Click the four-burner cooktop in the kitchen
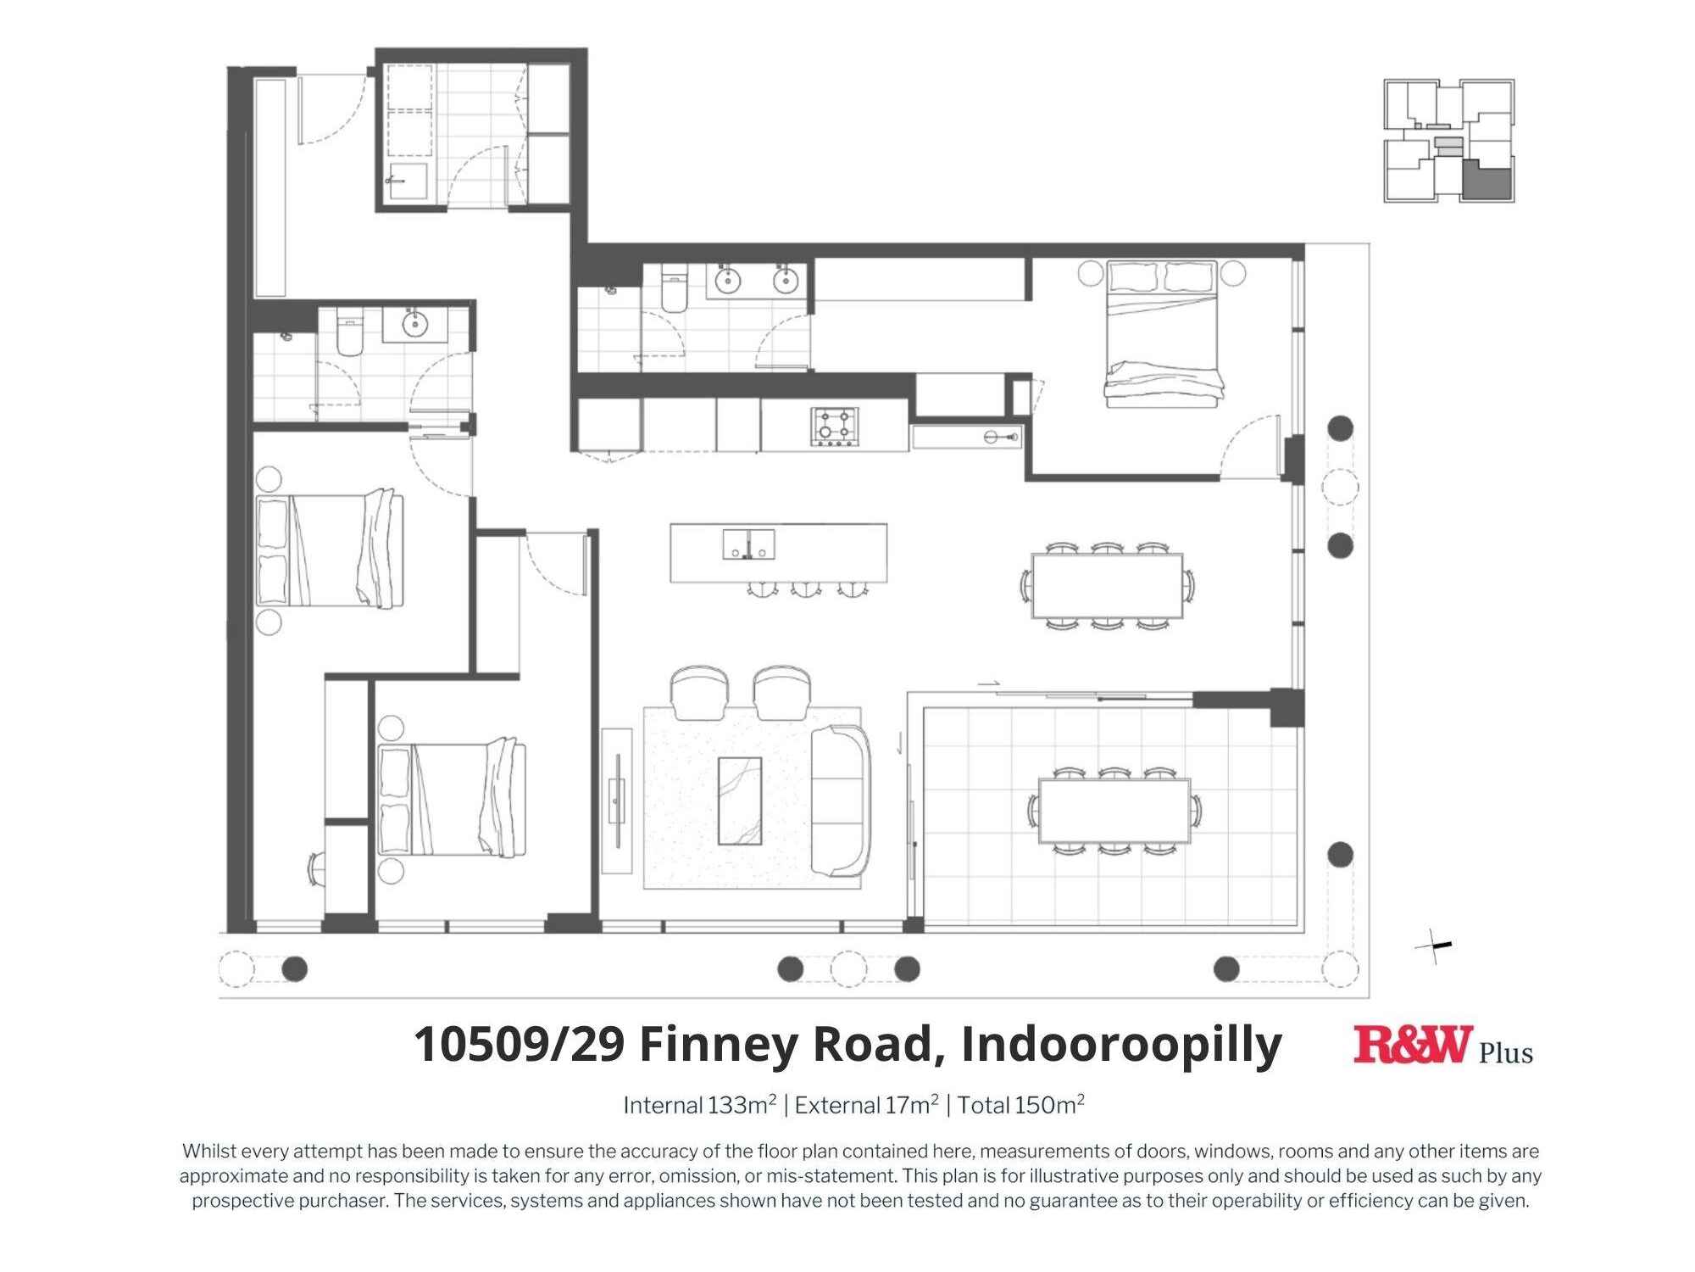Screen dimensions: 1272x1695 coord(835,427)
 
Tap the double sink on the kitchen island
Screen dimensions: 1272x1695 coord(748,544)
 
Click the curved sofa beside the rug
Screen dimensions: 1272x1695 coord(841,801)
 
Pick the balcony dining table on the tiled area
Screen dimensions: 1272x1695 coord(1114,810)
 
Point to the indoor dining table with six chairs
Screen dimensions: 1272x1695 coord(1107,586)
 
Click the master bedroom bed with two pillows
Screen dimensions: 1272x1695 coord(1163,333)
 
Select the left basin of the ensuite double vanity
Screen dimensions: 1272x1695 coord(728,280)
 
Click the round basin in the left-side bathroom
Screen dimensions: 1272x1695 coord(414,324)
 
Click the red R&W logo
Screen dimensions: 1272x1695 coord(1412,1045)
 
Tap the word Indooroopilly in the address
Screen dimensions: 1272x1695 coord(1120,1045)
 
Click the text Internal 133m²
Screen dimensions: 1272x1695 coord(699,1106)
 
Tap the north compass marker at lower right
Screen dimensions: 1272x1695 coord(1435,946)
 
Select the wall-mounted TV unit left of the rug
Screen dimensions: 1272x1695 coord(618,801)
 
